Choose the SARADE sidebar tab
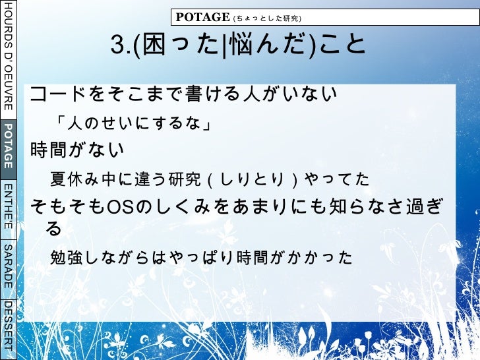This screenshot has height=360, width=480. point(8,266)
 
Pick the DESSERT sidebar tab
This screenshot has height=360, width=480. point(8,328)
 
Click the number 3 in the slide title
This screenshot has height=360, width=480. point(118,45)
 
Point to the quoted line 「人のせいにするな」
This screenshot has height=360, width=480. point(133,123)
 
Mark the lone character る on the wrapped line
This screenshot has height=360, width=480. point(54,229)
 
